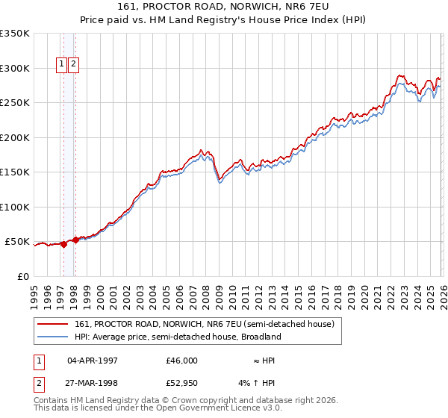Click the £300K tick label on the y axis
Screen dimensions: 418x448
[15, 68]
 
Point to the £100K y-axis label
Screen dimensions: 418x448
[15, 207]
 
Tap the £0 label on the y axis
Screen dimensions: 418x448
[22, 276]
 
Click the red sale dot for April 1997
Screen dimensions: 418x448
[63, 245]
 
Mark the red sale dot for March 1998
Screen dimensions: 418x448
[76, 240]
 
